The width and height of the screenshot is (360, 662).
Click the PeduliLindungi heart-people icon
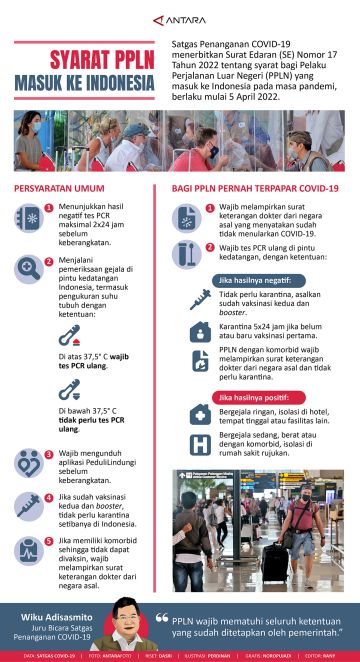pyautogui.click(x=28, y=463)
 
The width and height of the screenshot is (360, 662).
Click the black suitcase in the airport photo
pyautogui.click(x=276, y=561)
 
